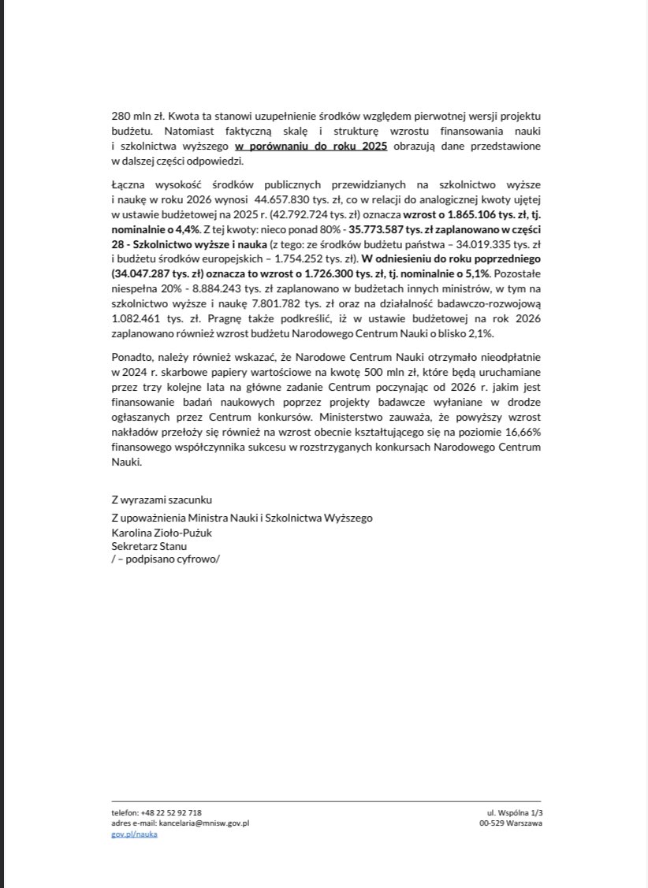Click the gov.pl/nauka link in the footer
(x=134, y=834)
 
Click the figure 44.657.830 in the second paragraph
(x=220, y=199)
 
